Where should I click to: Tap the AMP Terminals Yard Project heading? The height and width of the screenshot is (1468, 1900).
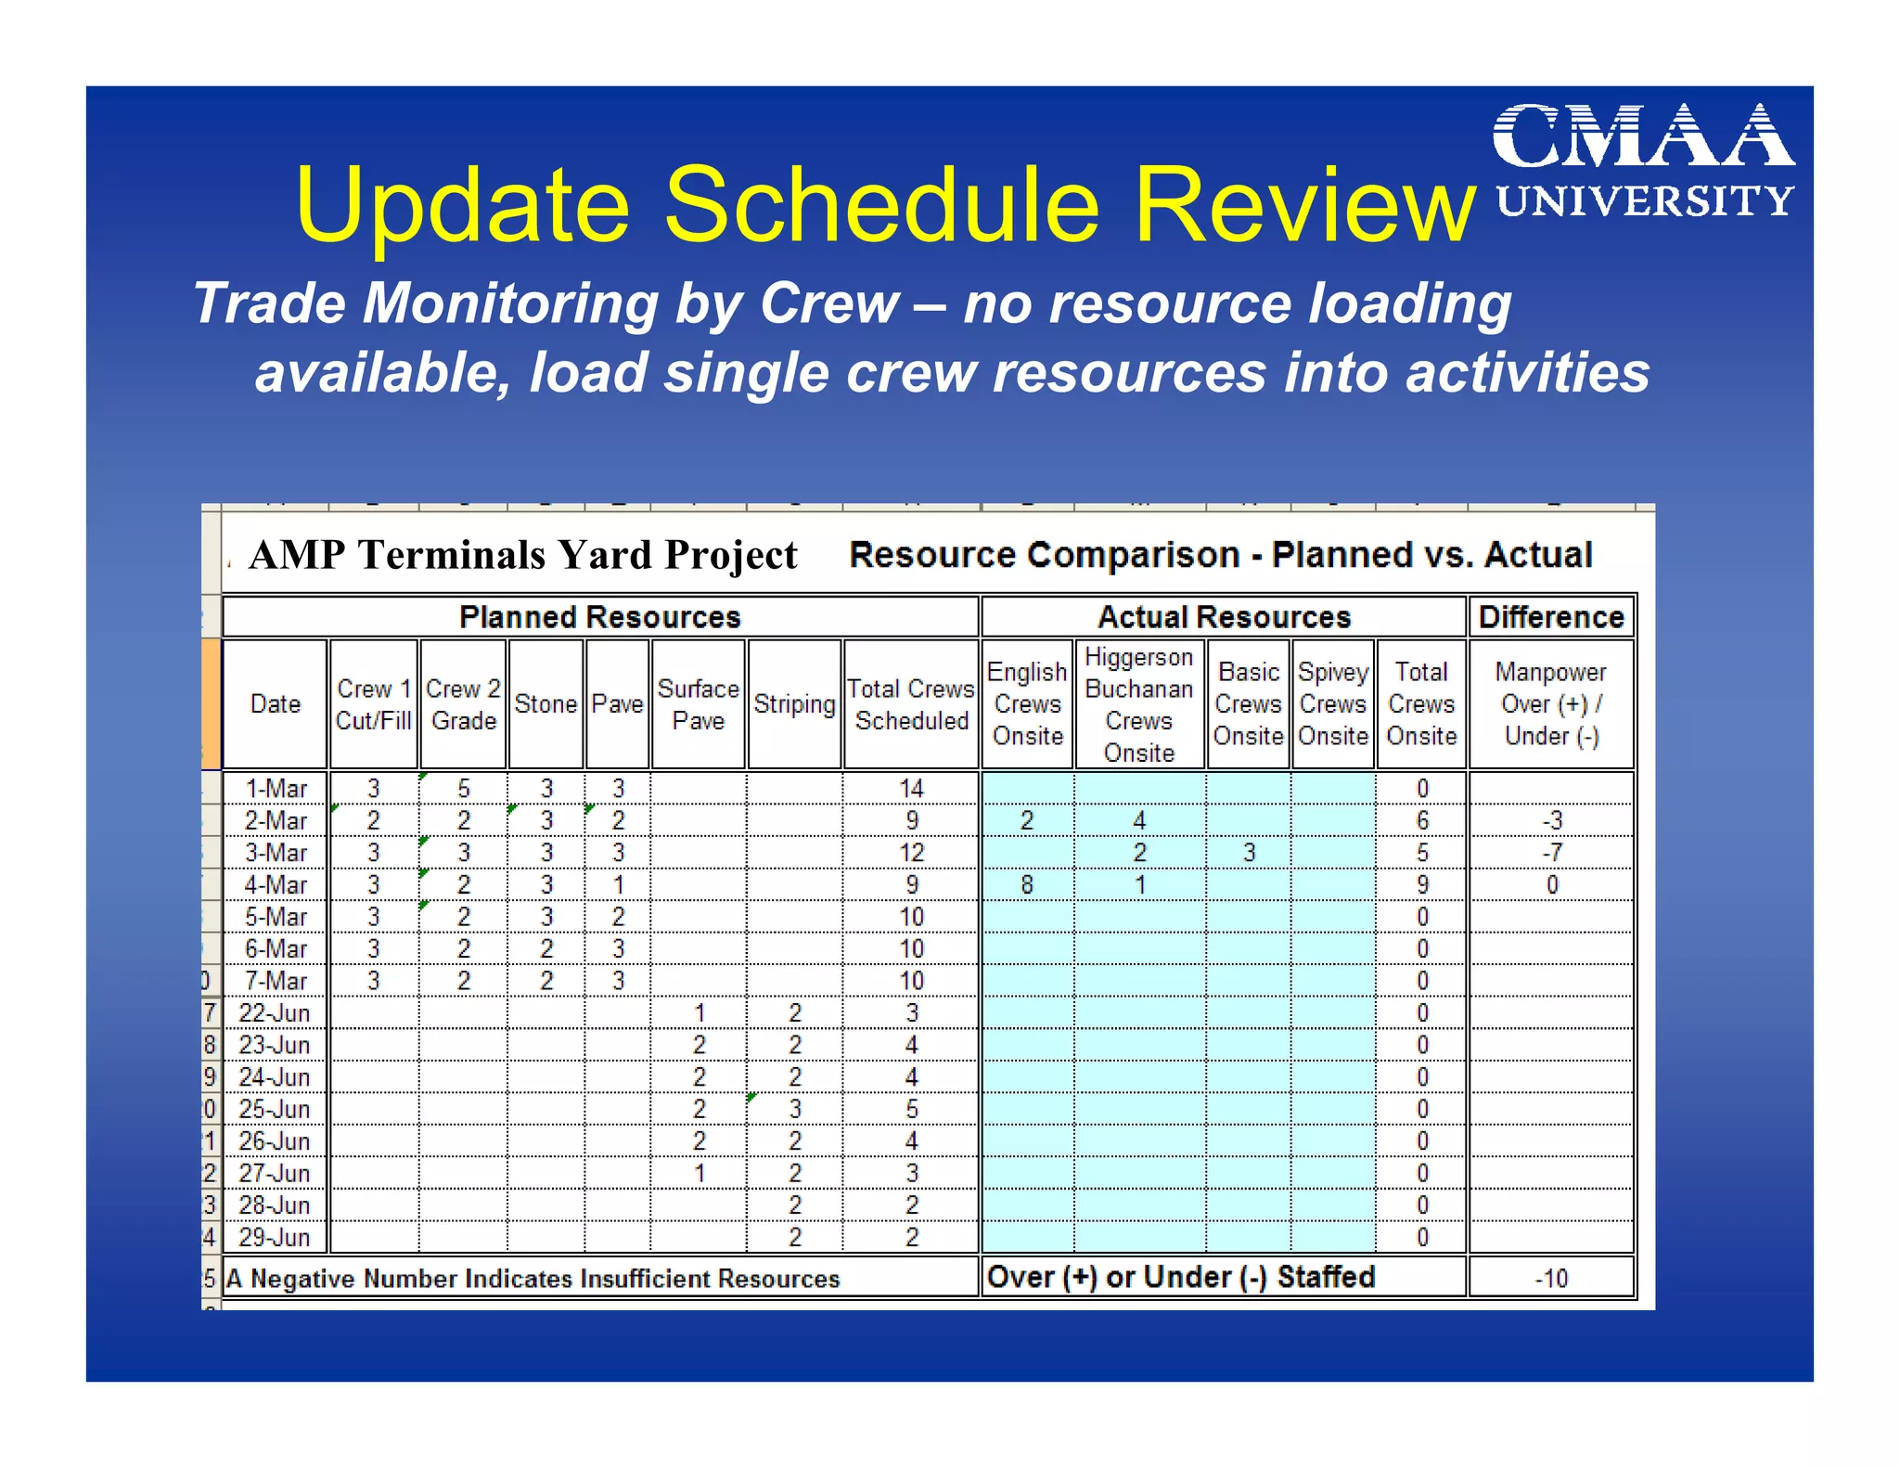click(523, 556)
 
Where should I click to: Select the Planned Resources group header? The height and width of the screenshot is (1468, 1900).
click(599, 617)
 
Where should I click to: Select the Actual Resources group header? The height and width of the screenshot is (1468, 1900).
click(1224, 617)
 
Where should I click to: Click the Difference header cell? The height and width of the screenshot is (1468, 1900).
click(1550, 617)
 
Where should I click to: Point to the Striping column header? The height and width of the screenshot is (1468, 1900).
click(794, 704)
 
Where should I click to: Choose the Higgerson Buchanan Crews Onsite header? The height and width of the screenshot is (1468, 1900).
click(1138, 704)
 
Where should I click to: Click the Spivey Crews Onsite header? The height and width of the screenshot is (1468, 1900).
click(1332, 704)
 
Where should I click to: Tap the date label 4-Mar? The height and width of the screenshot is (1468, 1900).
click(276, 885)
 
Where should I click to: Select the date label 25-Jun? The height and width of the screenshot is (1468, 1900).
click(274, 1109)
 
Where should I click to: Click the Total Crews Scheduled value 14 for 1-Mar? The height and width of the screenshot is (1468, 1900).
click(911, 789)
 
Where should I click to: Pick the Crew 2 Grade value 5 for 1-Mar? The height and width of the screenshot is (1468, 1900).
click(464, 789)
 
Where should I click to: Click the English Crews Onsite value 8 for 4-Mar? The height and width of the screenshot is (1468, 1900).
click(1026, 885)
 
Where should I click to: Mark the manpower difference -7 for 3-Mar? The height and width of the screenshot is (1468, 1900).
click(1551, 853)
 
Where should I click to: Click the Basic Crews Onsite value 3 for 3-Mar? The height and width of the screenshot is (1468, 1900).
click(1249, 853)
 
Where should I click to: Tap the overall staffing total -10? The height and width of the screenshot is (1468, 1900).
click(1550, 1279)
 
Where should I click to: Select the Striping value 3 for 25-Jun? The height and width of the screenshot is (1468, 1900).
click(795, 1109)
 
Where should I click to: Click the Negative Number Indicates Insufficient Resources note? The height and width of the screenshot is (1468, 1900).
click(533, 1279)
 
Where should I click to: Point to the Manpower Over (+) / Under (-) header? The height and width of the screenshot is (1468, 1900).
click(1550, 704)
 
